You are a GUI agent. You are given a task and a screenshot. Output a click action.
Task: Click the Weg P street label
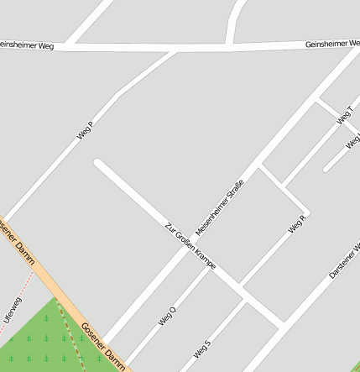tap(84, 129)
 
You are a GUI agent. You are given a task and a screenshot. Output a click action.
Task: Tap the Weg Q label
tap(167, 316)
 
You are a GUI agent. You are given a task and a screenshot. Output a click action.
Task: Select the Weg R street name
tap(297, 224)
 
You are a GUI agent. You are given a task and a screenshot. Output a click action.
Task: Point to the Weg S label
tap(201, 348)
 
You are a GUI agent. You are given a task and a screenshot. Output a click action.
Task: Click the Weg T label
tap(344, 117)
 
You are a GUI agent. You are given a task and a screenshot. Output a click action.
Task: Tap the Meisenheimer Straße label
tap(219, 207)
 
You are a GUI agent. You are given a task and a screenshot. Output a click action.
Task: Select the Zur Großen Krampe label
tap(190, 245)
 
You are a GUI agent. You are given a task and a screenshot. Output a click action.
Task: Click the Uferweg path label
tap(12, 309)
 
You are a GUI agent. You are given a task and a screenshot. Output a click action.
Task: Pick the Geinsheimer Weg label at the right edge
tap(332, 43)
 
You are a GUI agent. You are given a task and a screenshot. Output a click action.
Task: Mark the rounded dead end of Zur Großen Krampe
tap(98, 163)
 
